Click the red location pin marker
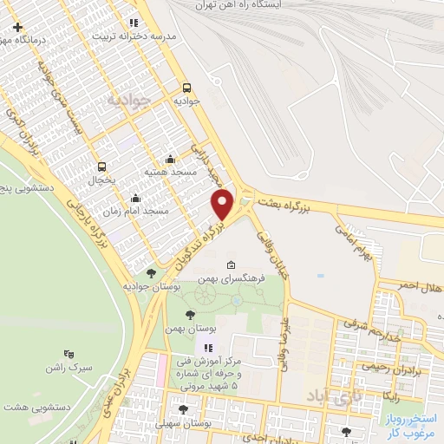point(223,205)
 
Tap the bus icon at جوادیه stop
point(186,88)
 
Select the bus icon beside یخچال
point(102,166)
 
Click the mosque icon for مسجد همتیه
point(169,158)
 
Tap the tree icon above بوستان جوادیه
point(152,273)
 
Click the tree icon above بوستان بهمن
point(190,315)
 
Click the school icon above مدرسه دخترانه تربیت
point(132,23)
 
